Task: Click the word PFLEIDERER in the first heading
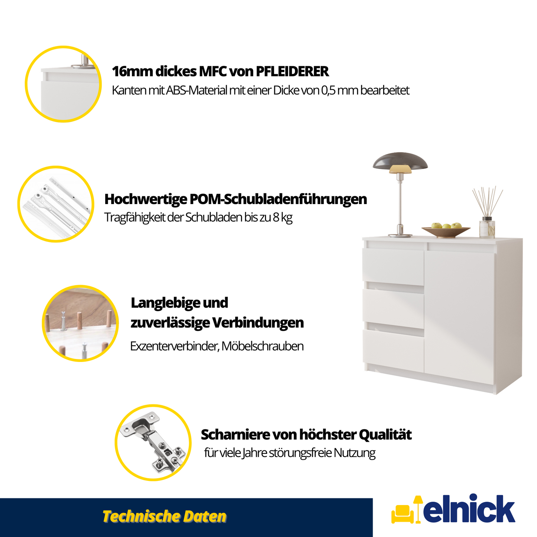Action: pyautogui.click(x=292, y=71)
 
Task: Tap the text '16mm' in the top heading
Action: pyautogui.click(x=132, y=71)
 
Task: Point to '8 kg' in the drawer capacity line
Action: pyautogui.click(x=282, y=218)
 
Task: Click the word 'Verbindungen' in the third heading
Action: pyautogui.click(x=258, y=323)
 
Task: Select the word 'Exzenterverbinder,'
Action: pyautogui.click(x=174, y=346)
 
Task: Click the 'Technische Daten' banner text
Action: pyautogui.click(x=164, y=517)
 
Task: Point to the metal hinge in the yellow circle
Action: pyautogui.click(x=153, y=443)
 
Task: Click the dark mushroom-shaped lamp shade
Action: pyautogui.click(x=400, y=161)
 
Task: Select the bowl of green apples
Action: pyautogui.click(x=446, y=230)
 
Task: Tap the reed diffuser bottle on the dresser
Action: pyautogui.click(x=487, y=227)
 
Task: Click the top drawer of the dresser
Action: pyautogui.click(x=393, y=267)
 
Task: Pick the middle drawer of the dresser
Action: pyautogui.click(x=393, y=309)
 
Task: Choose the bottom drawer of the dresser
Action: pyautogui.click(x=393, y=350)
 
